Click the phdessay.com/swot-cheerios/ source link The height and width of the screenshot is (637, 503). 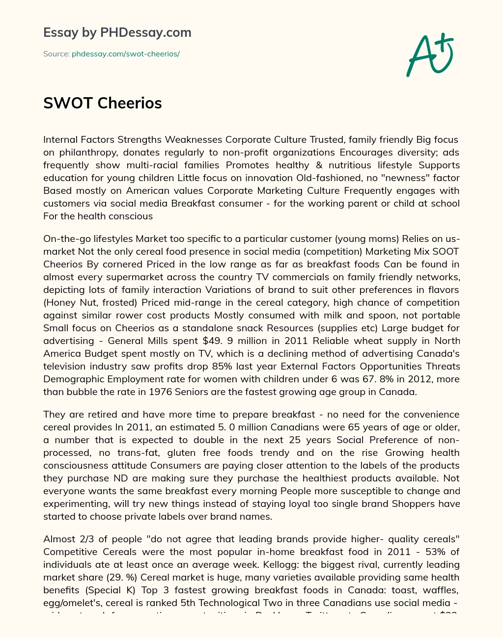point(126,54)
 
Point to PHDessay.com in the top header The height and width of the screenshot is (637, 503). point(145,32)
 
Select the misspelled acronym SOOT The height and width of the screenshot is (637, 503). point(446,251)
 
